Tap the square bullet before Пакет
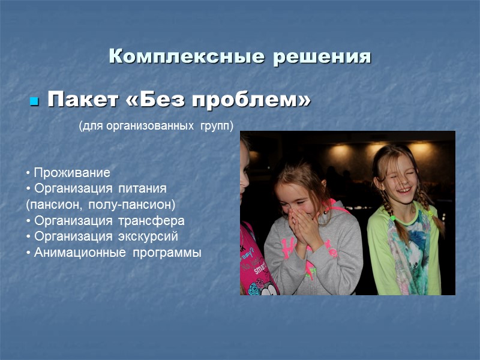click(34, 101)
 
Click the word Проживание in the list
click(71, 173)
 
